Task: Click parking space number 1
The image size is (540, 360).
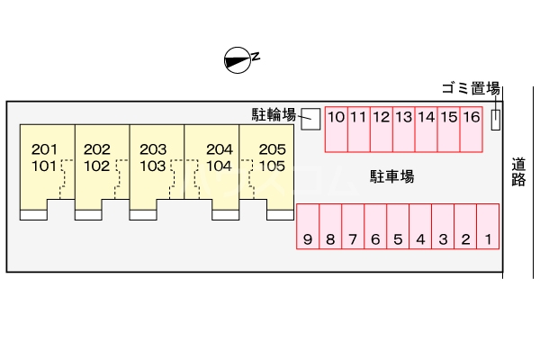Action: pos(487,226)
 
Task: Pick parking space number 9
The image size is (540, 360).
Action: pos(308,226)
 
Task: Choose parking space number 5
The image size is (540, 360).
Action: pos(398,226)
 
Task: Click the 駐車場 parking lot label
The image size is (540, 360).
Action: pos(392,175)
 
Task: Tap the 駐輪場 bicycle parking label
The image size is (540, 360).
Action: pos(274,114)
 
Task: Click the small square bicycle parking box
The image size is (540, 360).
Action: pos(310,118)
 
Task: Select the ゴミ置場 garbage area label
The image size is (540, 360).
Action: pos(470,88)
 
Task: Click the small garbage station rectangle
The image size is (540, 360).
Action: pos(495,119)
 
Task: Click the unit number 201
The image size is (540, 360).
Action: pos(44,149)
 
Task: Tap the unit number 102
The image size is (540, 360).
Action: pos(96,166)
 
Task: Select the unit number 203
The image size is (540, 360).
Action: pos(153,149)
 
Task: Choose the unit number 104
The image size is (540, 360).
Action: pos(219,166)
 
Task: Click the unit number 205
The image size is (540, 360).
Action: pos(272,149)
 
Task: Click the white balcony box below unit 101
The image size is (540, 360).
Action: pos(33,215)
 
